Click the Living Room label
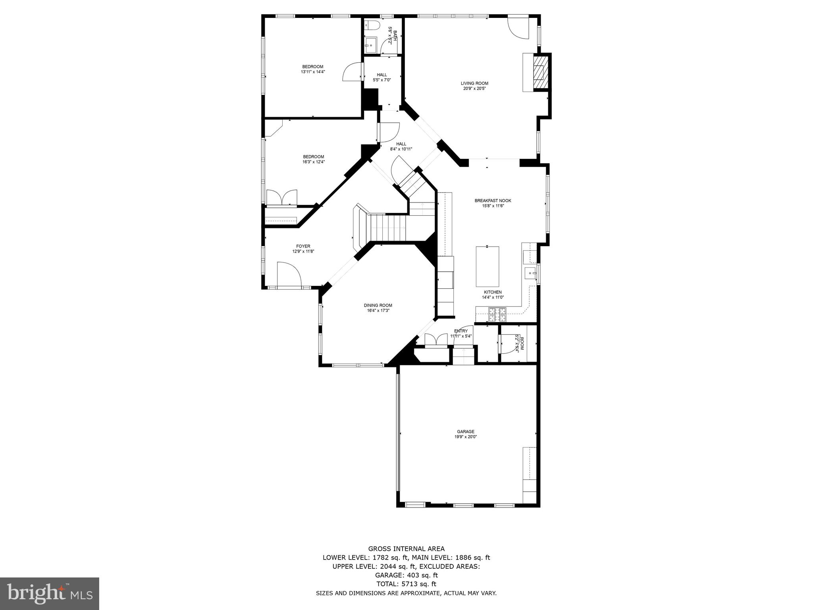[x=474, y=83]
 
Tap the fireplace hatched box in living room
[x=539, y=72]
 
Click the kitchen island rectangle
[x=487, y=266]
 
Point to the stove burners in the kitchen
[x=497, y=315]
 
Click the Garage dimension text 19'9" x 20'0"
[x=465, y=437]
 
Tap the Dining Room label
[x=378, y=305]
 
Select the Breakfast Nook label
[x=493, y=201]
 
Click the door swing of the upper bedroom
[x=352, y=73]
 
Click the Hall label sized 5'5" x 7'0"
[x=381, y=75]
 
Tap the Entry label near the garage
[x=461, y=331]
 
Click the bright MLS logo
[x=50, y=593]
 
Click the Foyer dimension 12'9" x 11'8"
[x=303, y=251]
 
